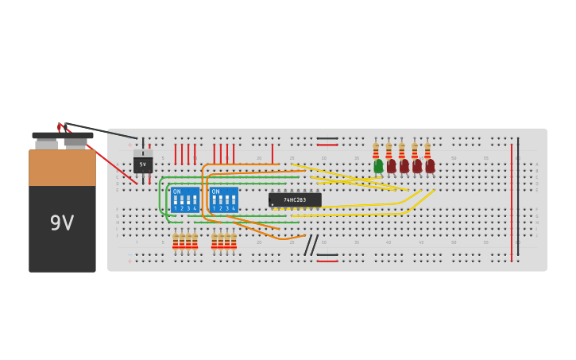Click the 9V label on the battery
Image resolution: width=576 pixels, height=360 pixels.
pyautogui.click(x=62, y=223)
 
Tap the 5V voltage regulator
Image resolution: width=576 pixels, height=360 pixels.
pyautogui.click(x=143, y=164)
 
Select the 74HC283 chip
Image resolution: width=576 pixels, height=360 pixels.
pyautogui.click(x=295, y=199)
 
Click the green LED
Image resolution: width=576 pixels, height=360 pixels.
pyautogui.click(x=378, y=165)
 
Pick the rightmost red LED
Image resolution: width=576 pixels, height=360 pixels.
pyautogui.click(x=430, y=165)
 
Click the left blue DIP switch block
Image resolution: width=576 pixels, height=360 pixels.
pyautogui.click(x=184, y=199)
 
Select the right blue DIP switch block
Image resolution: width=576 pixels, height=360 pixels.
pyautogui.click(x=223, y=199)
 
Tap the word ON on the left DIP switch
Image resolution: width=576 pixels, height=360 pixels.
pyautogui.click(x=176, y=192)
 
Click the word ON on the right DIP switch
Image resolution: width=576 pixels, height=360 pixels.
pyautogui.click(x=215, y=192)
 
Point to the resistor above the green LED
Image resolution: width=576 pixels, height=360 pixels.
pyautogui.click(x=377, y=150)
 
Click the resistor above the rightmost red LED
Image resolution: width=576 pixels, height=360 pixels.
pyautogui.click(x=427, y=150)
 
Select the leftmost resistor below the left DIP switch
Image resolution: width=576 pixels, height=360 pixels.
pyautogui.click(x=176, y=241)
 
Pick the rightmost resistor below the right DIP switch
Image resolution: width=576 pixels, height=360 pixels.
pyautogui.click(x=234, y=241)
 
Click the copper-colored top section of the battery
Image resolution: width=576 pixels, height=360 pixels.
pyautogui.click(x=62, y=168)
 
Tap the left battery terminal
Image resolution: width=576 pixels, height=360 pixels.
pyautogui.click(x=47, y=143)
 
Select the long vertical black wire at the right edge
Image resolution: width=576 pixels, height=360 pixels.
pyautogui.click(x=518, y=195)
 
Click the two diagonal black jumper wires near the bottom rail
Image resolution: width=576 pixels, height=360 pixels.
pyautogui.click(x=311, y=245)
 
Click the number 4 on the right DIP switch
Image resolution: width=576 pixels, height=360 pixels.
pyautogui.click(x=233, y=208)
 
